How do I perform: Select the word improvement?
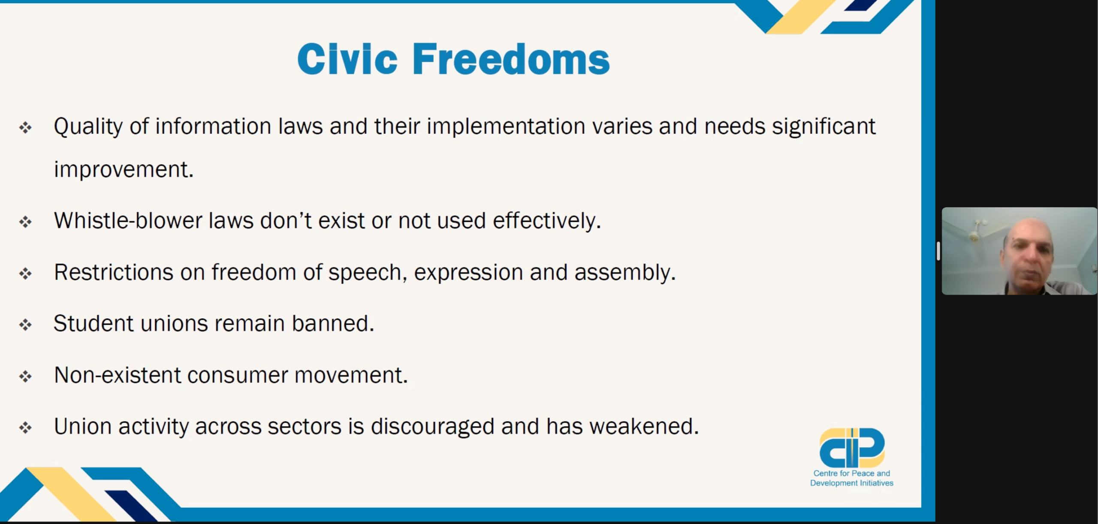124,170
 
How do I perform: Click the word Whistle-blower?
128,221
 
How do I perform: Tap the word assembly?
625,273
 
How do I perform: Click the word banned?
333,323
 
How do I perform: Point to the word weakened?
644,427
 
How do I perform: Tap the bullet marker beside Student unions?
25,325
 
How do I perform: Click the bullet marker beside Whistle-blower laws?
25,222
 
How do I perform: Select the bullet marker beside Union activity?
25,428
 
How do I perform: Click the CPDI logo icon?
852,448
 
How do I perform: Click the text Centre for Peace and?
852,473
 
